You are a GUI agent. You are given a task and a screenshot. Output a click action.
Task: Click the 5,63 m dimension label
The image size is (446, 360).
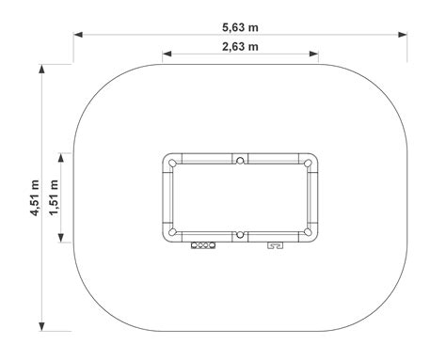point(240,27)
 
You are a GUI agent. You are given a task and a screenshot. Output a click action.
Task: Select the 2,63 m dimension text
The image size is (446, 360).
point(240,47)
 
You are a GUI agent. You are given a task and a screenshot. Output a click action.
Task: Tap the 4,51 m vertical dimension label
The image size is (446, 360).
point(35,197)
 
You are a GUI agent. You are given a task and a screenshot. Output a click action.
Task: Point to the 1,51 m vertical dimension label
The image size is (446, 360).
point(54,197)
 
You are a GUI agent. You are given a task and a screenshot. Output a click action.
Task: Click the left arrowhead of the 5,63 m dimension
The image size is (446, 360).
point(78,35)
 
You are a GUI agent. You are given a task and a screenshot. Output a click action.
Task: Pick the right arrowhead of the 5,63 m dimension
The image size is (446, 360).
point(403,35)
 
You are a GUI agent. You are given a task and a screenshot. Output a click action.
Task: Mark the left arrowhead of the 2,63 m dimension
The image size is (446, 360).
point(167,54)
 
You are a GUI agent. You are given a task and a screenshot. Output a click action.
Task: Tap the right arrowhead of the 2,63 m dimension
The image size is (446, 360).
point(314,54)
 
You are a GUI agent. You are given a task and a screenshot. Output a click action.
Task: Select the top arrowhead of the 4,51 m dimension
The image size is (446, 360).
point(41,69)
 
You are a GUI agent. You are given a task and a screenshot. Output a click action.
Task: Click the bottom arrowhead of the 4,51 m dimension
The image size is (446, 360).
point(41,326)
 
